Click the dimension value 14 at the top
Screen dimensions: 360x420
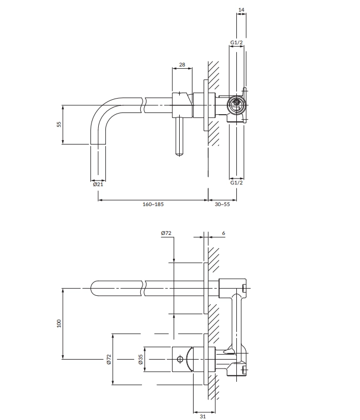241,9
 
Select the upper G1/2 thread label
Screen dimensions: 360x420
236,42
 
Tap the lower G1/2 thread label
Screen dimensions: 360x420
236,183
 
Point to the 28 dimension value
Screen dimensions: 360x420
182,65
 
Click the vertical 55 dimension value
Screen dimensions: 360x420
59,124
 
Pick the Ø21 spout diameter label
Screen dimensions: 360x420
98,185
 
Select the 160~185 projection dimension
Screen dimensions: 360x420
153,204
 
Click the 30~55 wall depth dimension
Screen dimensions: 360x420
222,204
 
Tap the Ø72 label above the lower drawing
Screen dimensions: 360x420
166,233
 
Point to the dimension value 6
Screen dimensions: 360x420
224,233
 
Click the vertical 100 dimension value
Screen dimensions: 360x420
59,323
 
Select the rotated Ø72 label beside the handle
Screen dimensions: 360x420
109,359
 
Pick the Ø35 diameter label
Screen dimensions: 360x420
140,359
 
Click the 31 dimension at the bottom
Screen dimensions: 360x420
203,416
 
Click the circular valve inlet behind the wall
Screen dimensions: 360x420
236,105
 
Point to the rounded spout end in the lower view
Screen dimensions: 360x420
93,289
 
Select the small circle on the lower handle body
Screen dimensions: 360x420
180,359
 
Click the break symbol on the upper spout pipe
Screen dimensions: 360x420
144,105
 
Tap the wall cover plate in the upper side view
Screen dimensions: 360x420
206,105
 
